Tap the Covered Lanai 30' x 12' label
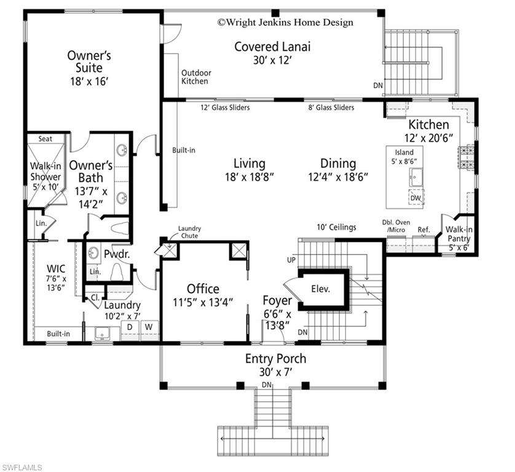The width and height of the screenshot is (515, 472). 272,53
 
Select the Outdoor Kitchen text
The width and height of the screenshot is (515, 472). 195,77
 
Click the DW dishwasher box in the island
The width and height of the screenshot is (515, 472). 416,198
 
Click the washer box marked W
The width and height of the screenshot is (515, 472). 149,328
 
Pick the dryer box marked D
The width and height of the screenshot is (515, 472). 130,328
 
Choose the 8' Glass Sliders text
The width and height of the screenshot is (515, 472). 331,108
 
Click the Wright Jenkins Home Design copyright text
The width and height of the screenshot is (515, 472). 285,23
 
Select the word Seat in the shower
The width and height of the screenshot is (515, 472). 45,139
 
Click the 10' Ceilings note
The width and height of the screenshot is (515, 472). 336,227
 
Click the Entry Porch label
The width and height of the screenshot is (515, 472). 275,359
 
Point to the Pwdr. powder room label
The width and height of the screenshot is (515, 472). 116,253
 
